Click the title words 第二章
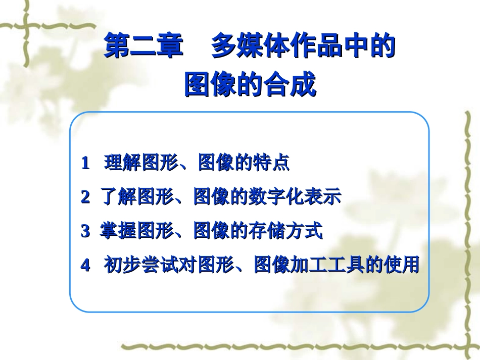[x=143, y=47]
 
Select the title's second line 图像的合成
[x=250, y=84]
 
